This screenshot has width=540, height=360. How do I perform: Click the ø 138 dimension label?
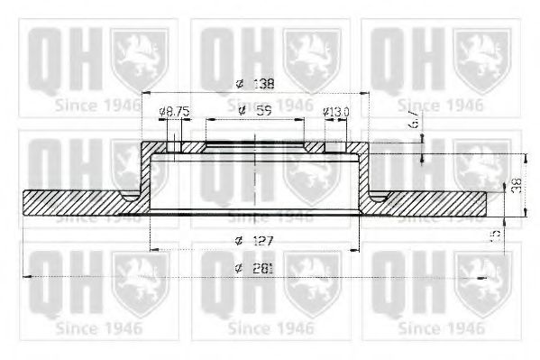(255, 84)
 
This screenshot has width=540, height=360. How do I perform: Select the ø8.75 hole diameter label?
(174, 112)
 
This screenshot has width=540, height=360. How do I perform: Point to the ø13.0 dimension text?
(336, 112)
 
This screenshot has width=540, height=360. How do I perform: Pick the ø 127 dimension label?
(255, 240)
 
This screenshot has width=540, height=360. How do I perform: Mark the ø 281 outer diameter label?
(255, 268)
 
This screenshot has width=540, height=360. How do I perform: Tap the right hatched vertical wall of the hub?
(365, 176)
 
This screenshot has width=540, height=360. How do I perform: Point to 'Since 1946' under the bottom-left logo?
(96, 328)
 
